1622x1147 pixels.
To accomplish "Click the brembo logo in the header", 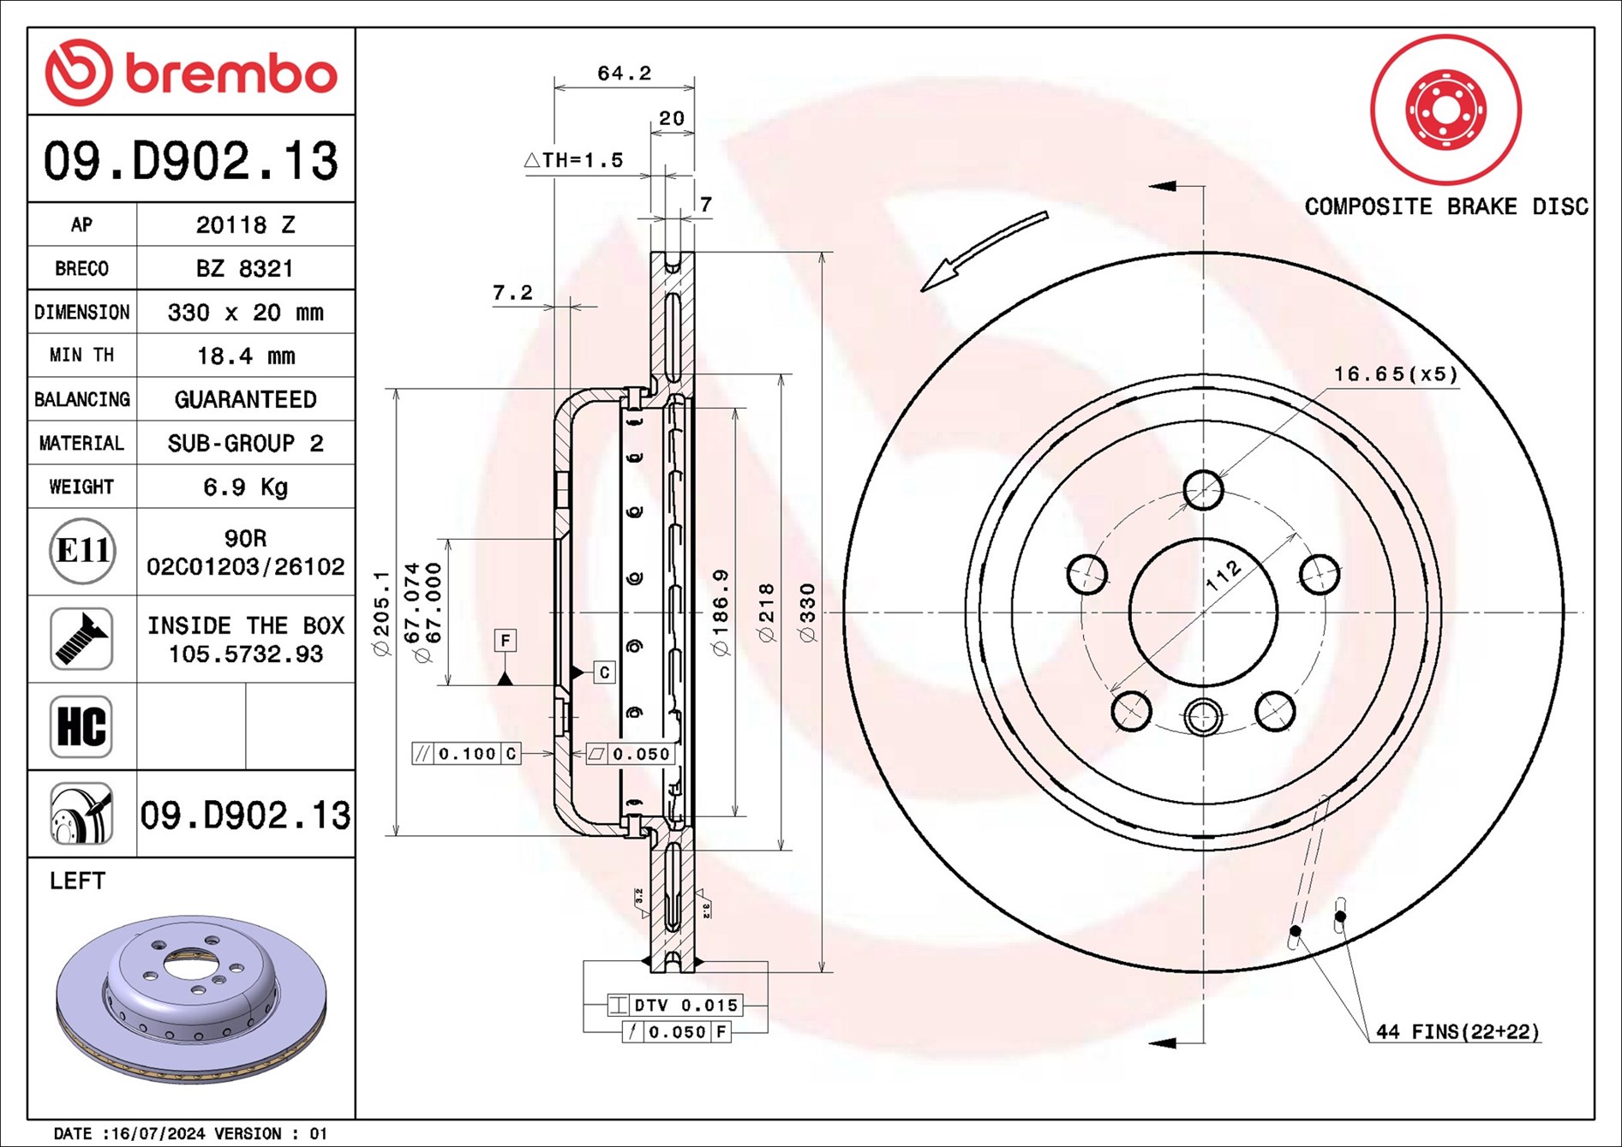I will [x=191, y=73].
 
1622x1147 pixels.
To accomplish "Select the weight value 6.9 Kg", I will [x=245, y=487].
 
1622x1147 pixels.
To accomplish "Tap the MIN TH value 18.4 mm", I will [x=245, y=355].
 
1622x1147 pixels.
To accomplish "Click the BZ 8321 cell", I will [x=245, y=269].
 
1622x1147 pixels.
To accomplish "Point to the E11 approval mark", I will [x=82, y=551].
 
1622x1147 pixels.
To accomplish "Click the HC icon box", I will [x=81, y=726].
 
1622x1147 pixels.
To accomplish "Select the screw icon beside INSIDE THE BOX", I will [x=81, y=639].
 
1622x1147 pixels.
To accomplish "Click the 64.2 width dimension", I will [x=624, y=74].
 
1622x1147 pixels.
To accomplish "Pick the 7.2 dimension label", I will [x=512, y=293].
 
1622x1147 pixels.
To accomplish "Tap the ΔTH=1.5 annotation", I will [x=573, y=160].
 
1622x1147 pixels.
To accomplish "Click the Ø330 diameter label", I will [x=807, y=612].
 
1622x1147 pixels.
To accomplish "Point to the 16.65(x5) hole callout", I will [x=1395, y=374].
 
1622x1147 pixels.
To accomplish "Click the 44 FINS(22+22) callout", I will [x=1457, y=1032].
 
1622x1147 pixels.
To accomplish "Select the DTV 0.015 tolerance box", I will [x=675, y=1005].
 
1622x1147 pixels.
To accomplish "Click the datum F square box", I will [x=506, y=640].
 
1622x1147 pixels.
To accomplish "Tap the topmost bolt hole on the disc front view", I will [x=1203, y=490].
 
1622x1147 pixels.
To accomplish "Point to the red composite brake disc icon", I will [x=1445, y=110].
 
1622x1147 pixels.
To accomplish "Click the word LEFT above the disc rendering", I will [x=77, y=881].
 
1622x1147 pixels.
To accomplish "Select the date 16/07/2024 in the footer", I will [x=158, y=1133].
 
